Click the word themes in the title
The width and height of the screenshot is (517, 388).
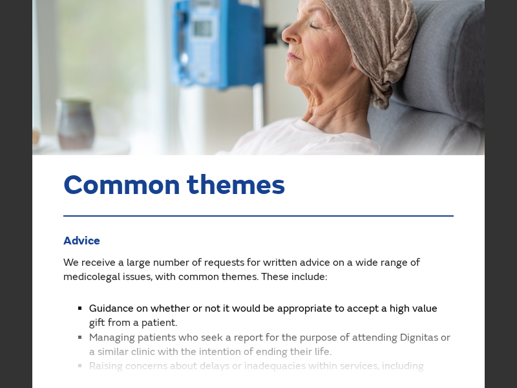(236, 185)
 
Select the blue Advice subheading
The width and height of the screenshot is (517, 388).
(81, 241)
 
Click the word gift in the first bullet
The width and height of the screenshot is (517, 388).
(99, 323)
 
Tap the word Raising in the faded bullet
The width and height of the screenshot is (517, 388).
(107, 366)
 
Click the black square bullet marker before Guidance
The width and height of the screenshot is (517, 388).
(79, 308)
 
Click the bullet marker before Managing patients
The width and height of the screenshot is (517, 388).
(79, 337)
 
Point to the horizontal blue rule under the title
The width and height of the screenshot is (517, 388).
(258, 216)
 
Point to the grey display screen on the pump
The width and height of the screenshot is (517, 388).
(202, 28)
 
